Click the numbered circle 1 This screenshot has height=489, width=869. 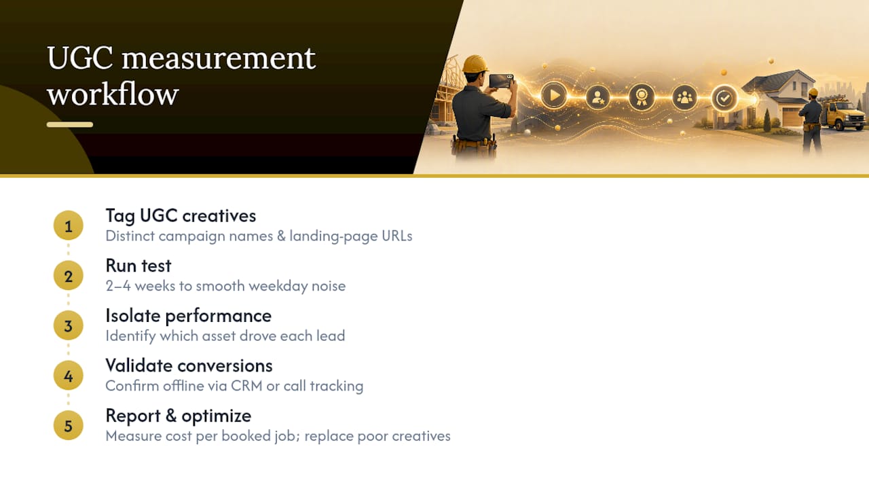pos(69,225)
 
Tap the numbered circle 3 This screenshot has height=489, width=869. pos(69,325)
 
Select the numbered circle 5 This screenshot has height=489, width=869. pos(69,426)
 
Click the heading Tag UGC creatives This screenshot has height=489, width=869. pos(181,216)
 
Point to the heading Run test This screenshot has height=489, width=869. pos(138,266)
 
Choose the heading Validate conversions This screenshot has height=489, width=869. pos(189,365)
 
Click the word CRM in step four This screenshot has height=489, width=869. pos(246,386)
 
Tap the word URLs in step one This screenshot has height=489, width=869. pos(397,236)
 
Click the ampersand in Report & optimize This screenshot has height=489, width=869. pos(170,416)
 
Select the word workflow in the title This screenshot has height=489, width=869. pos(113,94)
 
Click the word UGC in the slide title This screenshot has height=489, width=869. pos(80,58)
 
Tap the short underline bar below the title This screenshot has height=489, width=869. pos(70,124)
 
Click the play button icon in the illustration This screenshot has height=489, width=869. pos(553,95)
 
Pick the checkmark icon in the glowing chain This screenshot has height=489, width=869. pos(724,98)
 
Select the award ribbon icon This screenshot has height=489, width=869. pos(642,97)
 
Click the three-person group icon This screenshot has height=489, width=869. pos(684,97)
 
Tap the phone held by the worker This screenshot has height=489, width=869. pos(501,81)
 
